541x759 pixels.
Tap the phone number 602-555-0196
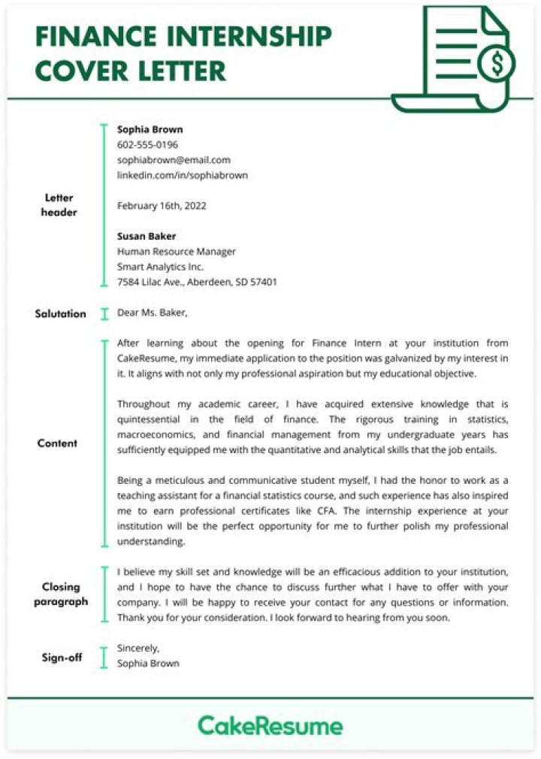[147, 144]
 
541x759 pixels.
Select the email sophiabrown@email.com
[174, 160]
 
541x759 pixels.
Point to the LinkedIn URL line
[182, 175]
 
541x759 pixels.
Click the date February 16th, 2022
[162, 205]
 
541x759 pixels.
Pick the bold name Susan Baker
[146, 236]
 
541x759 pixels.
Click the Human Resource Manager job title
[176, 252]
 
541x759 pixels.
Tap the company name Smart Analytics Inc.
[160, 267]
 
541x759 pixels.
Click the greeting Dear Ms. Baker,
[153, 313]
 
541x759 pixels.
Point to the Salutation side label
[60, 313]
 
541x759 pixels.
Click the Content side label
[57, 443]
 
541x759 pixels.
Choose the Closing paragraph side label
[60, 594]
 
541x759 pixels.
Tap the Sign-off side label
[62, 658]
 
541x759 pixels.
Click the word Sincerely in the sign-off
[138, 648]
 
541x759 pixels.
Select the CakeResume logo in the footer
[270, 726]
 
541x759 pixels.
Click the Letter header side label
[59, 205]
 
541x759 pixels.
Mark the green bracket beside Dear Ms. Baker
[104, 313]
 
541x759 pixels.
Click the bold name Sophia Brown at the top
[150, 129]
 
